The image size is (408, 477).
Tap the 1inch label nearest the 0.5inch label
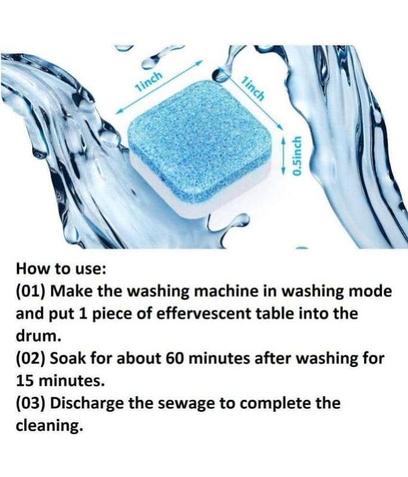pyautogui.click(x=253, y=88)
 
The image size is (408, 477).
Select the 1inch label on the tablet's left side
pyautogui.click(x=148, y=82)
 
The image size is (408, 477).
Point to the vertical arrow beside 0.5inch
pyautogui.click(x=284, y=155)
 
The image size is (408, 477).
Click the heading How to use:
pyautogui.click(x=61, y=269)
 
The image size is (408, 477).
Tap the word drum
pyautogui.click(x=36, y=336)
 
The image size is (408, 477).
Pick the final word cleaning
pyautogui.click(x=50, y=426)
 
